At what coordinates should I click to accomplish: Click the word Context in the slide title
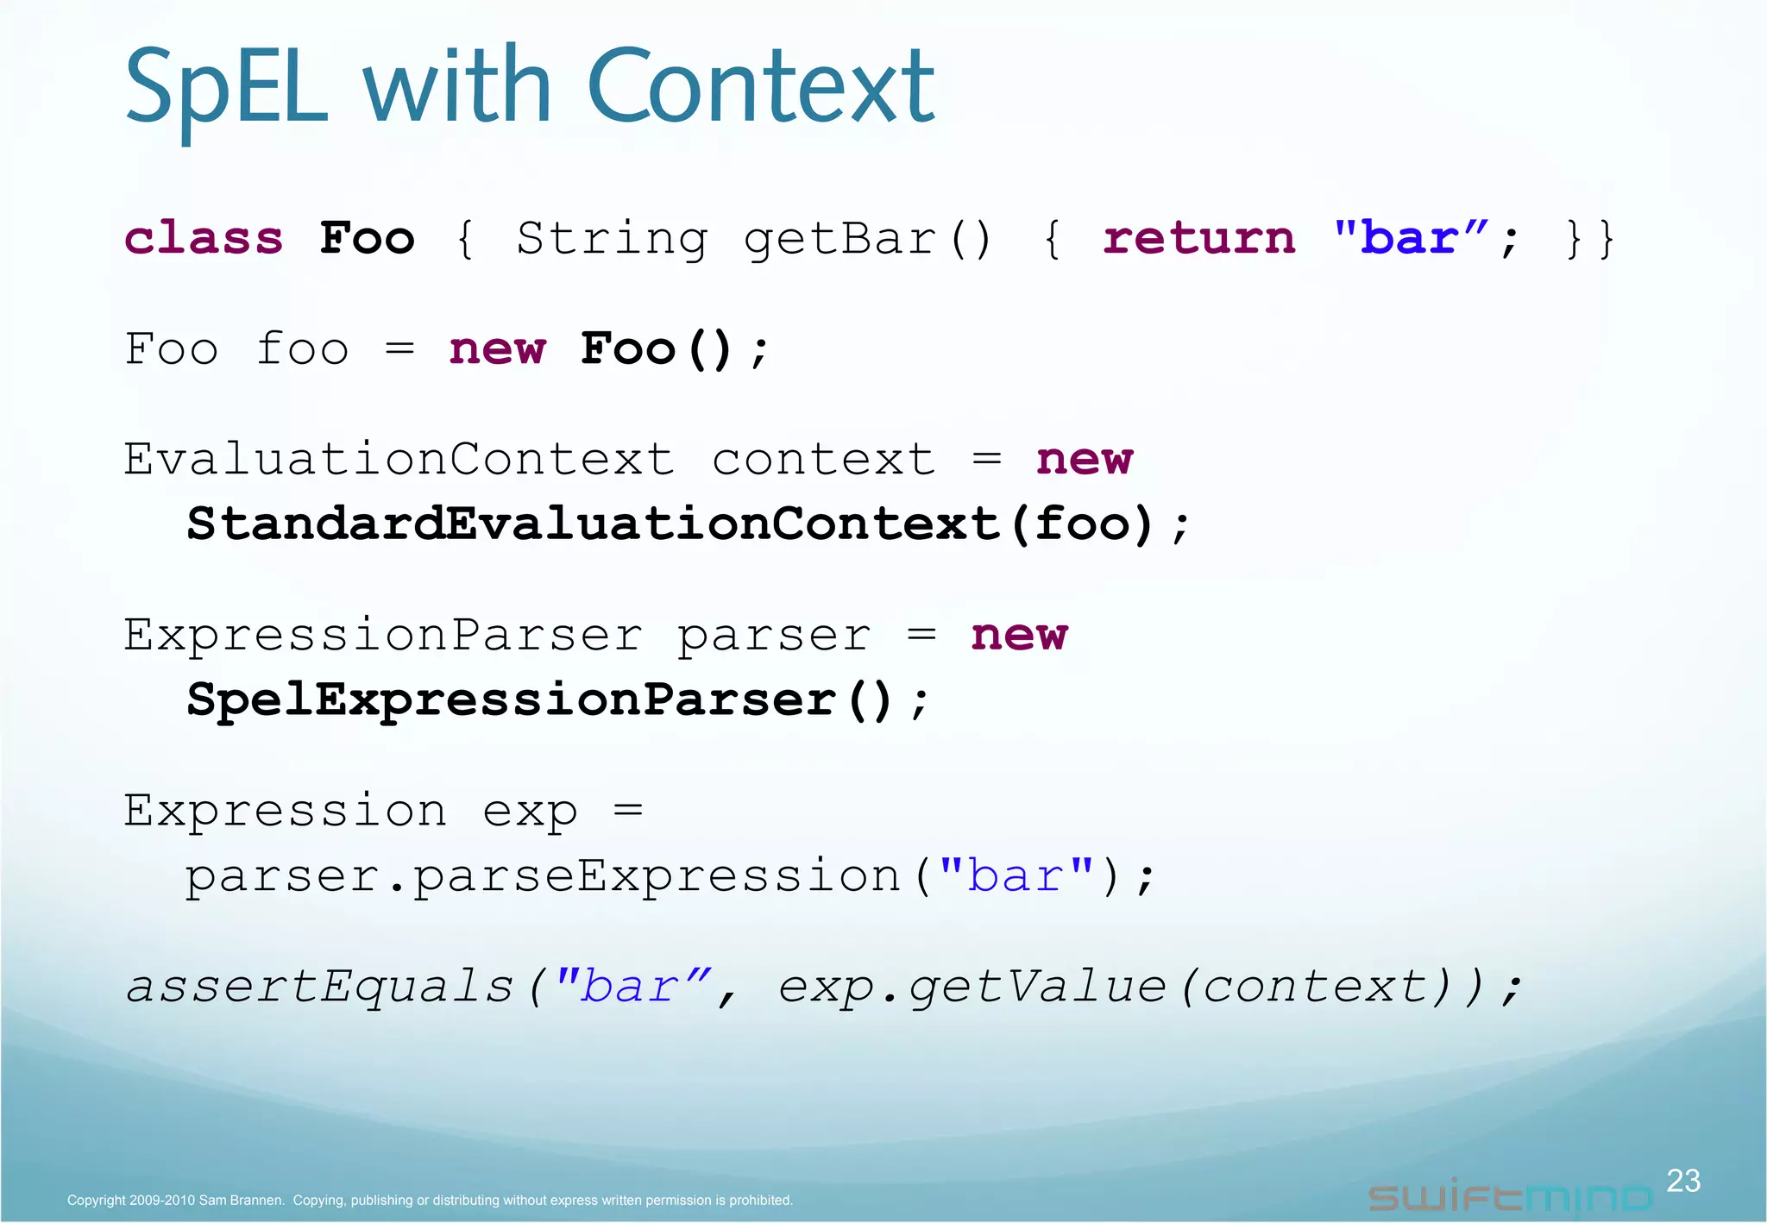(760, 86)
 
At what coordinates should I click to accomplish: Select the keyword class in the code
(204, 238)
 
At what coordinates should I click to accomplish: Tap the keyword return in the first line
(1198, 238)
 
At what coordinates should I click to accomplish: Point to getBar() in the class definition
(868, 240)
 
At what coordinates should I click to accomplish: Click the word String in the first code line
(612, 240)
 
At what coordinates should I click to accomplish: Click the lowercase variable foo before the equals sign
(302, 349)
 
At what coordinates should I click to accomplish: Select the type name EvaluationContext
(398, 459)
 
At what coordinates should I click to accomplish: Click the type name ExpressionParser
(382, 635)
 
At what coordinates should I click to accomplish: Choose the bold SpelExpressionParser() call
(540, 699)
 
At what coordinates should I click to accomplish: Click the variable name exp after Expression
(529, 812)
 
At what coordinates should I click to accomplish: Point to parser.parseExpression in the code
(544, 876)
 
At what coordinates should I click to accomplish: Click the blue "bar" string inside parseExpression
(1016, 876)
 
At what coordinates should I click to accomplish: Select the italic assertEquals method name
(319, 986)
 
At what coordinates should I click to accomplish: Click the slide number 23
(1682, 1181)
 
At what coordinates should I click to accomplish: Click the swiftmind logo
(1510, 1197)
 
